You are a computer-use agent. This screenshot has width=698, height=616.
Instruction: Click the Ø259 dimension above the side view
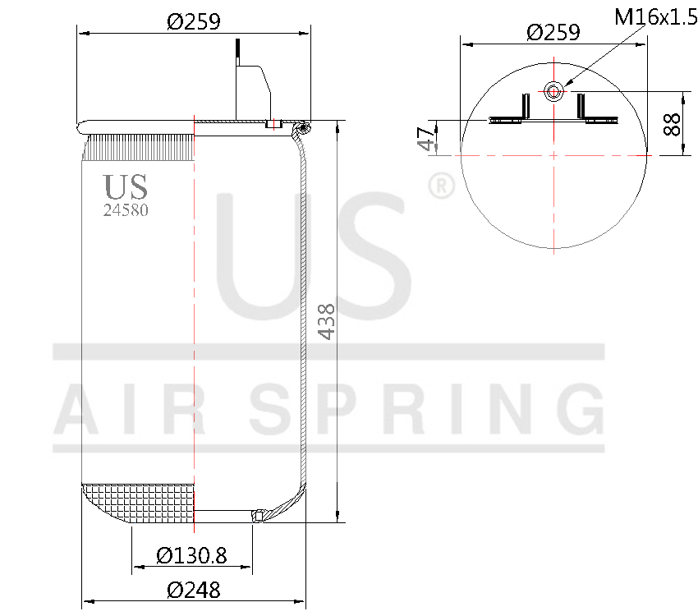tap(194, 22)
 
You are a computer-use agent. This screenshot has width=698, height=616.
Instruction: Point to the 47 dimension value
tap(425, 138)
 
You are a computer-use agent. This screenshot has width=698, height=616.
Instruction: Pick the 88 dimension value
tap(672, 124)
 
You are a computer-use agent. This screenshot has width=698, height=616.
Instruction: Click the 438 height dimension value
tap(327, 321)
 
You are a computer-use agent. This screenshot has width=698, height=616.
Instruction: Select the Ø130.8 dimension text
tap(191, 556)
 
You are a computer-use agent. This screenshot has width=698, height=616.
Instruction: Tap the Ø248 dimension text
tap(194, 590)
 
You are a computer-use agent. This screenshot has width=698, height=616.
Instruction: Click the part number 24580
tap(126, 209)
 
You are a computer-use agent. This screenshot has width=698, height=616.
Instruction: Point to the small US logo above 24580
tap(126, 186)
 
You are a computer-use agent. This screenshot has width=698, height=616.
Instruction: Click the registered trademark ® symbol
tap(441, 186)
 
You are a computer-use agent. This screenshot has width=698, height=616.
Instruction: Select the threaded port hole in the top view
tap(554, 90)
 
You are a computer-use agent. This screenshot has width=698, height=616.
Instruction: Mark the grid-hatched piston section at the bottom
tap(140, 502)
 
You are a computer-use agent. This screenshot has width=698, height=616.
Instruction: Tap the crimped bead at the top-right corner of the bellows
tap(304, 129)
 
